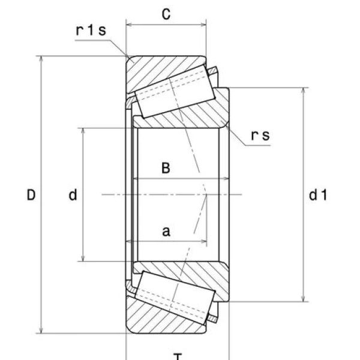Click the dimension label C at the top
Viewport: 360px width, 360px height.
[167, 15]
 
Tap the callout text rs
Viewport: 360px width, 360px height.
[260, 136]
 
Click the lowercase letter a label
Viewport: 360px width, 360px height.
[166, 231]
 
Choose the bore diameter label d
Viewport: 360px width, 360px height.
[73, 195]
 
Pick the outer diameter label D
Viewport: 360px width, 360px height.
[31, 195]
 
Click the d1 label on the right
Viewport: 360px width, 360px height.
[317, 195]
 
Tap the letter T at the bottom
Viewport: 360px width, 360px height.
[178, 355]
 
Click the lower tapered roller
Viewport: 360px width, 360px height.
[174, 295]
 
